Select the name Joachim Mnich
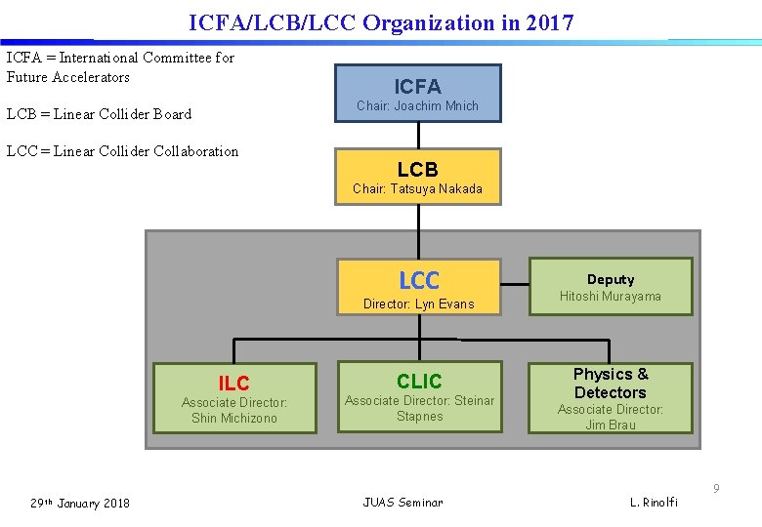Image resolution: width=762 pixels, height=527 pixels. [x=437, y=105]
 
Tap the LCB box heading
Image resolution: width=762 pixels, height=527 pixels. [x=417, y=169]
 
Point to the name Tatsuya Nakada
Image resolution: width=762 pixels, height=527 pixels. [x=436, y=188]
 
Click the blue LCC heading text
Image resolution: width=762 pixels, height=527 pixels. [x=419, y=281]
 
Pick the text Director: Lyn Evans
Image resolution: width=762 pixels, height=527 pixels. [x=418, y=304]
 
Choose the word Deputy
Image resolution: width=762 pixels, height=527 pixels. [x=610, y=279]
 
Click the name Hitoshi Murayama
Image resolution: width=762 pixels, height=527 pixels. [x=610, y=296]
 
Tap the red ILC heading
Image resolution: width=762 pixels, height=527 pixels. [x=233, y=384]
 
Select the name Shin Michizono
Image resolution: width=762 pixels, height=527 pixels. [x=234, y=418]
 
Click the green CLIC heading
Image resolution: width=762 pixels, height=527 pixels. [x=419, y=381]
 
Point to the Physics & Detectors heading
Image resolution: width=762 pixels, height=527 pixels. [x=610, y=383]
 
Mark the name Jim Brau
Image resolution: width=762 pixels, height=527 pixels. [x=610, y=425]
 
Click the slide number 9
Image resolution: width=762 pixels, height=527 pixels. [x=715, y=488]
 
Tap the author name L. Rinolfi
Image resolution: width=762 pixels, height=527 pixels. [x=653, y=503]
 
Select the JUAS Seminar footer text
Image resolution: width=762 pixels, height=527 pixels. [x=402, y=503]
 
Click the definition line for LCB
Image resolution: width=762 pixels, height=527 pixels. [x=99, y=114]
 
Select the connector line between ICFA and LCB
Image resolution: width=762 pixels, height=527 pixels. [x=418, y=135]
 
